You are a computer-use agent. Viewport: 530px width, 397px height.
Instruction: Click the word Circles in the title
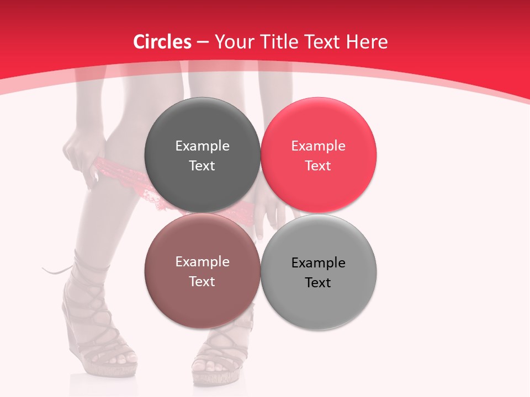tap(162, 42)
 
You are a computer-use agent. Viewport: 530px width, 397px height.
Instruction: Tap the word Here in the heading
tap(369, 42)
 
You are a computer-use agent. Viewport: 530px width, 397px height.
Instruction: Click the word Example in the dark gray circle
tap(202, 146)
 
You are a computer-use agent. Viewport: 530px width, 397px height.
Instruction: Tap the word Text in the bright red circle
tap(318, 165)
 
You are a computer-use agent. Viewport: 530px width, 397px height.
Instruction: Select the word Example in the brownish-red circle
tap(202, 261)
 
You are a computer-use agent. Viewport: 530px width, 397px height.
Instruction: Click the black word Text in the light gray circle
tap(318, 282)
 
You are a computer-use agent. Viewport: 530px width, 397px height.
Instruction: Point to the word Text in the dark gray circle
tap(202, 165)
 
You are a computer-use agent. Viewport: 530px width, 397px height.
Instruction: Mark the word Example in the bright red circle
tap(318, 146)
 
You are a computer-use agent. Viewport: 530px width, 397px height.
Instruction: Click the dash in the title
tap(203, 42)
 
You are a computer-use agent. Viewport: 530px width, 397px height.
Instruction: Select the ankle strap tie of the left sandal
tap(58, 270)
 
